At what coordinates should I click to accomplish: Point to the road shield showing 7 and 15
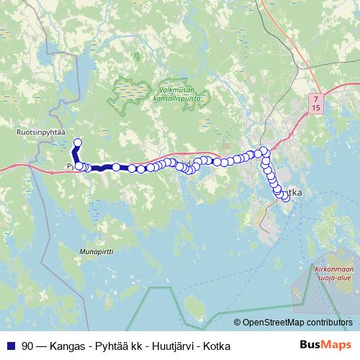point(316,102)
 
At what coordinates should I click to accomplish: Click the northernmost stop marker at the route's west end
point(78,143)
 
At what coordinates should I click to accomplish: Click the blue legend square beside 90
point(10,346)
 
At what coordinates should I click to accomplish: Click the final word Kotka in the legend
point(217,346)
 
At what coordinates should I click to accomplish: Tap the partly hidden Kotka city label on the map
point(295,192)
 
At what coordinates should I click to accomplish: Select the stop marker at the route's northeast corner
point(264,150)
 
